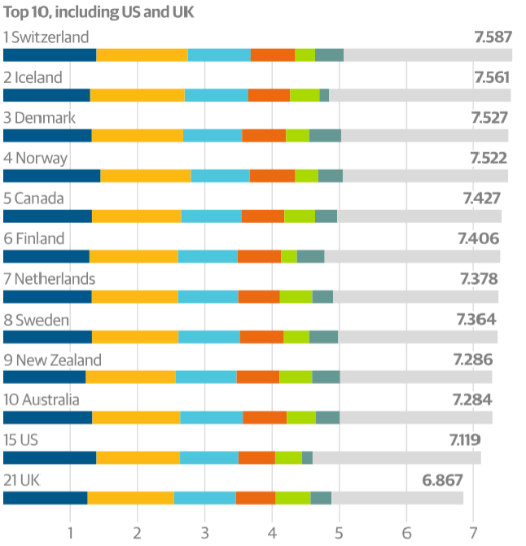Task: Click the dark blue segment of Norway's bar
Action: [x=52, y=176]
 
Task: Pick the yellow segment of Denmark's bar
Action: [x=138, y=135]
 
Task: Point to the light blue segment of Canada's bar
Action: [x=212, y=216]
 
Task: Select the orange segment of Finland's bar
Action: [x=259, y=256]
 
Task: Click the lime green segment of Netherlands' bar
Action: [x=296, y=296]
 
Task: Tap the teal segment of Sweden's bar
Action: [x=323, y=337]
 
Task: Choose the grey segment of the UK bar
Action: [x=397, y=497]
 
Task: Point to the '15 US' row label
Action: [x=21, y=440]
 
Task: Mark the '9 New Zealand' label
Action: [x=52, y=360]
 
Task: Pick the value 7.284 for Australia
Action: [x=473, y=400]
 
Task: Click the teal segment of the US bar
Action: [x=307, y=457]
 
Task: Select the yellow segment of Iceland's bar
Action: [x=138, y=95]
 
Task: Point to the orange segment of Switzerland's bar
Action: [x=273, y=55]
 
